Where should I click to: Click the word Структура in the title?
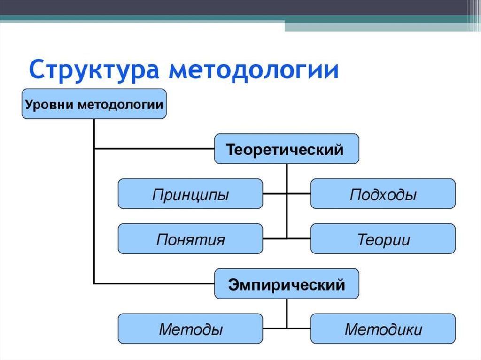point(94,70)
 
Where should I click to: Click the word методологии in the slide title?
point(254,70)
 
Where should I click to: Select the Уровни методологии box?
point(94,104)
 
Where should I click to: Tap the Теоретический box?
point(287,149)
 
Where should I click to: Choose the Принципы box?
point(190,194)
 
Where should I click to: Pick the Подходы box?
point(383,194)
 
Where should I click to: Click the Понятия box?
point(190,239)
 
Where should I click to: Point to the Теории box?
point(383,239)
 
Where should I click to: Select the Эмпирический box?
point(287,283)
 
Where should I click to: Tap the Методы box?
point(190,329)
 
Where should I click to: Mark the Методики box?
point(383,329)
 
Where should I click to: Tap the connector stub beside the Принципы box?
point(274,193)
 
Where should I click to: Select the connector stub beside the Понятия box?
point(274,238)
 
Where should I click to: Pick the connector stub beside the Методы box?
point(274,328)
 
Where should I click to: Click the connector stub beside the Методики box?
point(299,328)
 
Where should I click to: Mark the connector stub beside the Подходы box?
point(299,193)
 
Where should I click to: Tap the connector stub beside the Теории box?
point(299,238)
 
